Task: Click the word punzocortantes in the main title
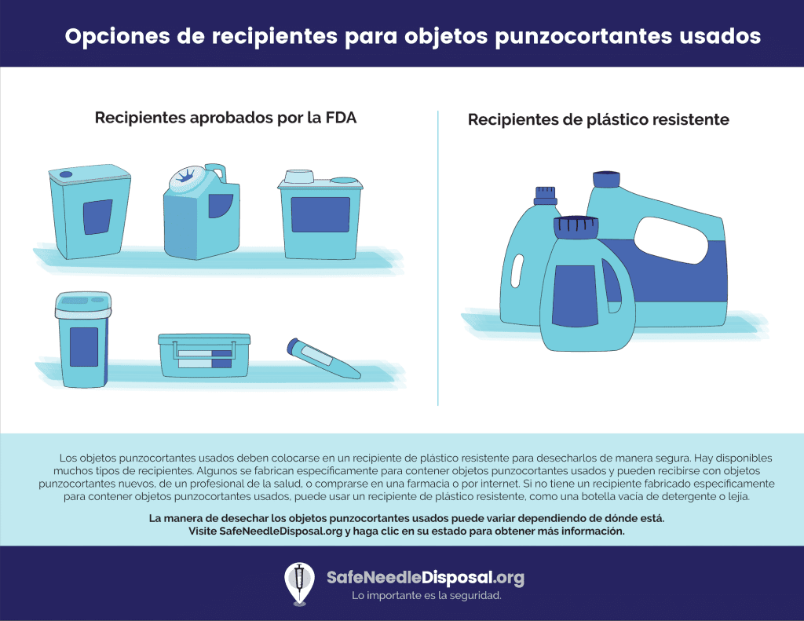pos(583,36)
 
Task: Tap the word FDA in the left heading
pos(341,118)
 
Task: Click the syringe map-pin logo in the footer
pos(299,583)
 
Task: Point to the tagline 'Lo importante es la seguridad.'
pos(426,595)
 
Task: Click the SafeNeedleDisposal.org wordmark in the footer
pos(426,577)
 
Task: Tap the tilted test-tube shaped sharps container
pos(323,358)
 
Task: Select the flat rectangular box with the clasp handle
pos(204,355)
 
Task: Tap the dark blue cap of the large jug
pos(607,179)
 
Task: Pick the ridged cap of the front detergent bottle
pos(576,227)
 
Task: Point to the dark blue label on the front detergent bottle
pos(575,296)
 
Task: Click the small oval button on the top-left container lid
pos(66,174)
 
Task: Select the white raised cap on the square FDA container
pos(299,177)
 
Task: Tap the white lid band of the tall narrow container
pos(83,312)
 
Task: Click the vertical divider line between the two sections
pos(438,258)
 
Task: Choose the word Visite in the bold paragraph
pos(203,531)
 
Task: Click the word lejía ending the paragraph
pos(737,496)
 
